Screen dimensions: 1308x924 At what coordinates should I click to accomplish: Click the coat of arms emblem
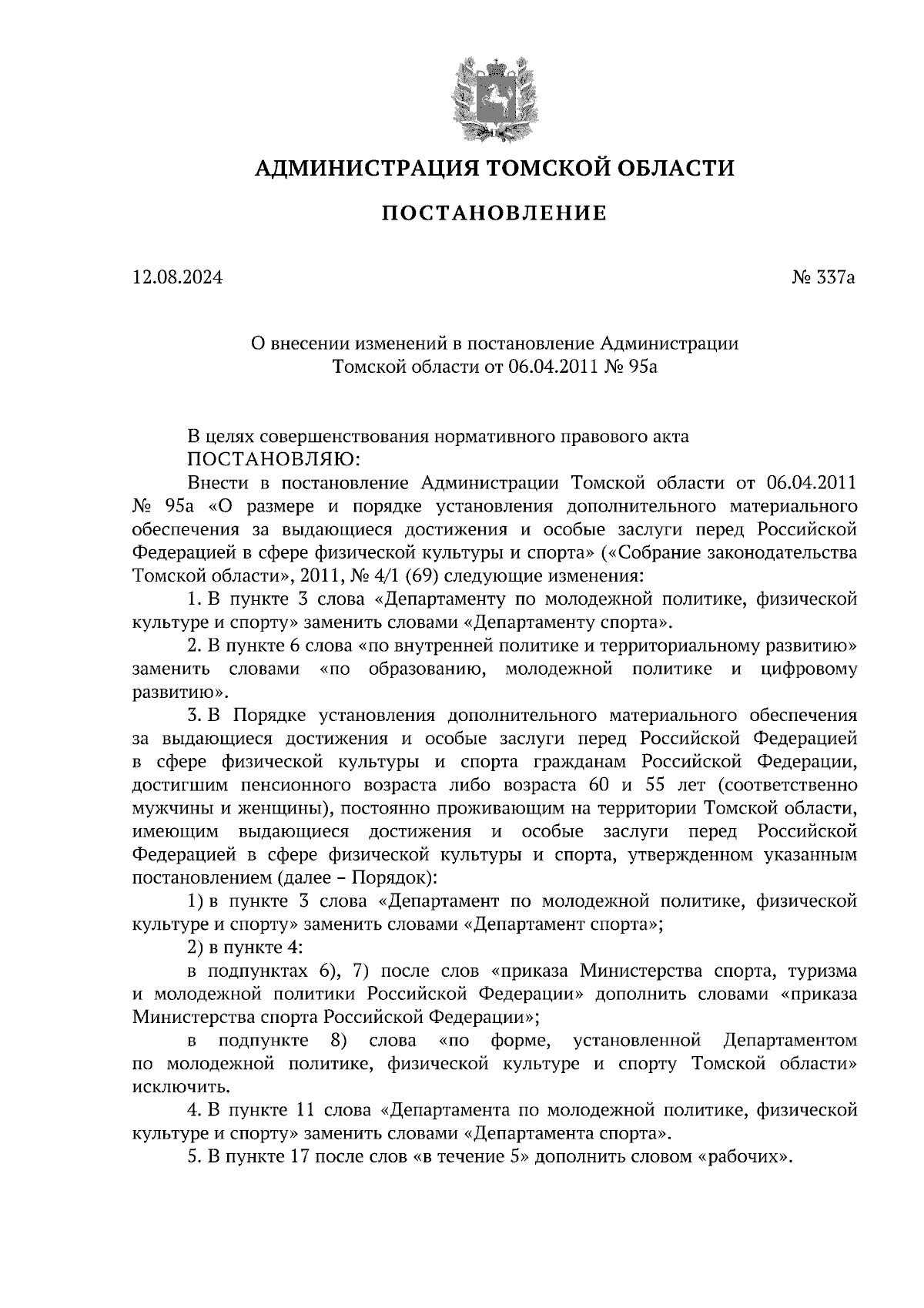coord(494,98)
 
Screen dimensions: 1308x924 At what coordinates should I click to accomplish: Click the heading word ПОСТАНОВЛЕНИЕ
coord(494,213)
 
